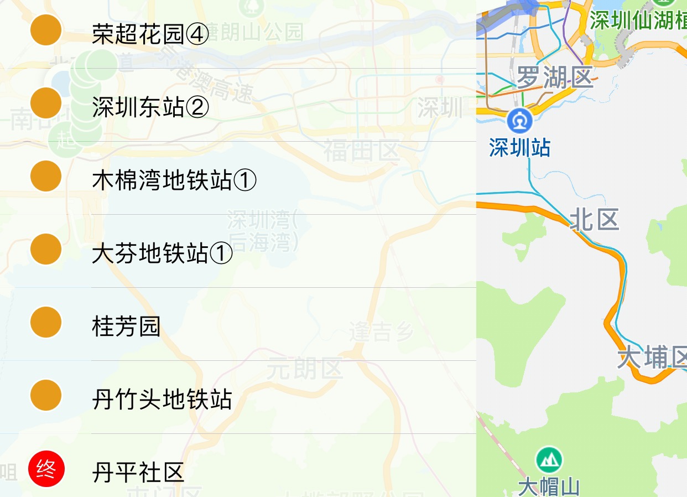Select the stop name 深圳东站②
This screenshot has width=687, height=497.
[x=150, y=108]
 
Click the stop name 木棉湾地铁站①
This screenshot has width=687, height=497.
[x=174, y=180]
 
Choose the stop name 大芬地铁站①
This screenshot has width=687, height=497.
[x=162, y=254]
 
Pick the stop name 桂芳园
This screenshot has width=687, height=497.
[x=126, y=326]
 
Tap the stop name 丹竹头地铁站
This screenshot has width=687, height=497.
[x=162, y=399]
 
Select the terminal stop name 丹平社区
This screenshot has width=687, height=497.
[x=138, y=472]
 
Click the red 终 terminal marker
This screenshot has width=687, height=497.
[x=46, y=470]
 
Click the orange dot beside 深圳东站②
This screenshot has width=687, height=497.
[x=45, y=102]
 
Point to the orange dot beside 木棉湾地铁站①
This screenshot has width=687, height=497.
[x=45, y=176]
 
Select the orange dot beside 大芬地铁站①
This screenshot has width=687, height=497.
[x=45, y=249]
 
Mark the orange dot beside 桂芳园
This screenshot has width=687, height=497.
[x=45, y=322]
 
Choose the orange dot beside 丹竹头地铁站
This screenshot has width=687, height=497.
[x=45, y=395]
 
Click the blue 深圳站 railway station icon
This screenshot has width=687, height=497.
[x=520, y=120]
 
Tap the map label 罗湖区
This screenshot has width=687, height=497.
[x=554, y=77]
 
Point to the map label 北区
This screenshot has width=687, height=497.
[x=594, y=220]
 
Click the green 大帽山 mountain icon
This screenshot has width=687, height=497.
[x=549, y=459]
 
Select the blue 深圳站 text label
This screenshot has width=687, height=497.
[x=519, y=148]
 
